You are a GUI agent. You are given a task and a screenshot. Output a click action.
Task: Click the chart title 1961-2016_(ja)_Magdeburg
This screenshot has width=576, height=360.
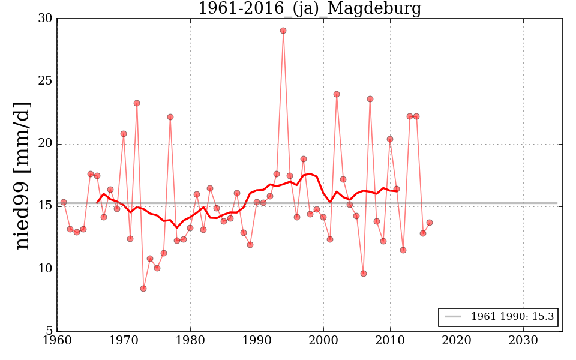pyautogui.click(x=310, y=9)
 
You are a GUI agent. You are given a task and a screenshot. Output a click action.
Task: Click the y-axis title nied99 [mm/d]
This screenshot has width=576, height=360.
pyautogui.click(x=22, y=175)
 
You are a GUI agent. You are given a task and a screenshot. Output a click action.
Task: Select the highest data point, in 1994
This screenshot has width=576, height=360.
pyautogui.click(x=283, y=31)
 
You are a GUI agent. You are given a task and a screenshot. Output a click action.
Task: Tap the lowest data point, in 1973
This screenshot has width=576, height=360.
pyautogui.click(x=143, y=289)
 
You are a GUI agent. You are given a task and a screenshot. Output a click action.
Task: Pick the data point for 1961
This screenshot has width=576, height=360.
pyautogui.click(x=64, y=202)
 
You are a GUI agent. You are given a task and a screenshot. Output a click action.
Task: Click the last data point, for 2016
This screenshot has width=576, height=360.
pyautogui.click(x=430, y=223)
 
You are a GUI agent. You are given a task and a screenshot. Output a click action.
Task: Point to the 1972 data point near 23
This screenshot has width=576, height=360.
pyautogui.click(x=137, y=103)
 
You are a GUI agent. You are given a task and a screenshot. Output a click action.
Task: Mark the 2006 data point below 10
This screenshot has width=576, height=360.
pyautogui.click(x=363, y=274)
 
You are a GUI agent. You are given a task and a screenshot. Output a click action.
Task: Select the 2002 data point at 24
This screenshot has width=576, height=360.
pyautogui.click(x=337, y=94)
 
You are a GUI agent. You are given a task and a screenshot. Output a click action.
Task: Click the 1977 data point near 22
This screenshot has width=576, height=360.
pyautogui.click(x=170, y=117)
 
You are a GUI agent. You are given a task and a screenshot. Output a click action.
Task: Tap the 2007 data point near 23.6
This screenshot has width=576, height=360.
pyautogui.click(x=370, y=99)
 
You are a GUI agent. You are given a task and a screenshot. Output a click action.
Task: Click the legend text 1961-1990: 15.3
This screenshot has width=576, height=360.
pyautogui.click(x=512, y=317)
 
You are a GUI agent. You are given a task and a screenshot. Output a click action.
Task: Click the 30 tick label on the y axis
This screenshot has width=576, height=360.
pyautogui.click(x=44, y=19)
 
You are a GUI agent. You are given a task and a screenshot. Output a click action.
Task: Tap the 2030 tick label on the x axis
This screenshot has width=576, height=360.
pyautogui.click(x=523, y=340)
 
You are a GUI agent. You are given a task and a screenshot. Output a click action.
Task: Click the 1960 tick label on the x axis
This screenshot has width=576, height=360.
pyautogui.click(x=57, y=340)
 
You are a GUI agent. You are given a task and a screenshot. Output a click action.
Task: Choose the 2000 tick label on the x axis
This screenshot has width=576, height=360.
pyautogui.click(x=323, y=340)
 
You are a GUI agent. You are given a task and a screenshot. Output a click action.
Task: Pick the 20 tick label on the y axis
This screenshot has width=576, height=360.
pyautogui.click(x=44, y=144)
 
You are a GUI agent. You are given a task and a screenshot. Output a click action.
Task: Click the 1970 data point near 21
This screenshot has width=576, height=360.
pyautogui.click(x=124, y=134)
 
